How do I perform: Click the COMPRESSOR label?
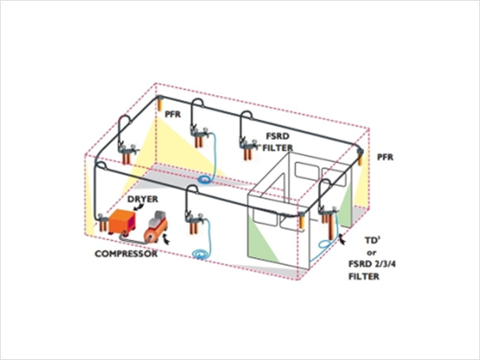pyautogui.click(x=126, y=253)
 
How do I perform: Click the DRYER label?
pyautogui.click(x=142, y=199)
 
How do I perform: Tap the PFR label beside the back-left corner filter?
pyautogui.click(x=173, y=114)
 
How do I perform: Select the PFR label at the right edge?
pyautogui.click(x=385, y=157)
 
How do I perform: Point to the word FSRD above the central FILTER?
pyautogui.click(x=277, y=136)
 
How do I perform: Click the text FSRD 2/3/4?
pyautogui.click(x=372, y=264)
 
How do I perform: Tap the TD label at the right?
pyautogui.click(x=372, y=240)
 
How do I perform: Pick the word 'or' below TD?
pyautogui.click(x=372, y=253)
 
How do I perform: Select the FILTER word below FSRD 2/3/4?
pyautogui.click(x=363, y=276)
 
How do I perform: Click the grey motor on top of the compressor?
pyautogui.click(x=158, y=218)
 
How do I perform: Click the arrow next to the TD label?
pyautogui.click(x=342, y=240)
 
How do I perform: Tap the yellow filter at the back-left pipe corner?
pyautogui.click(x=160, y=103)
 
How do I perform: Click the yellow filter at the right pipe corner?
pyautogui.click(x=360, y=157)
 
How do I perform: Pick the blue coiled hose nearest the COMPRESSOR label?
pyautogui.click(x=201, y=255)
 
